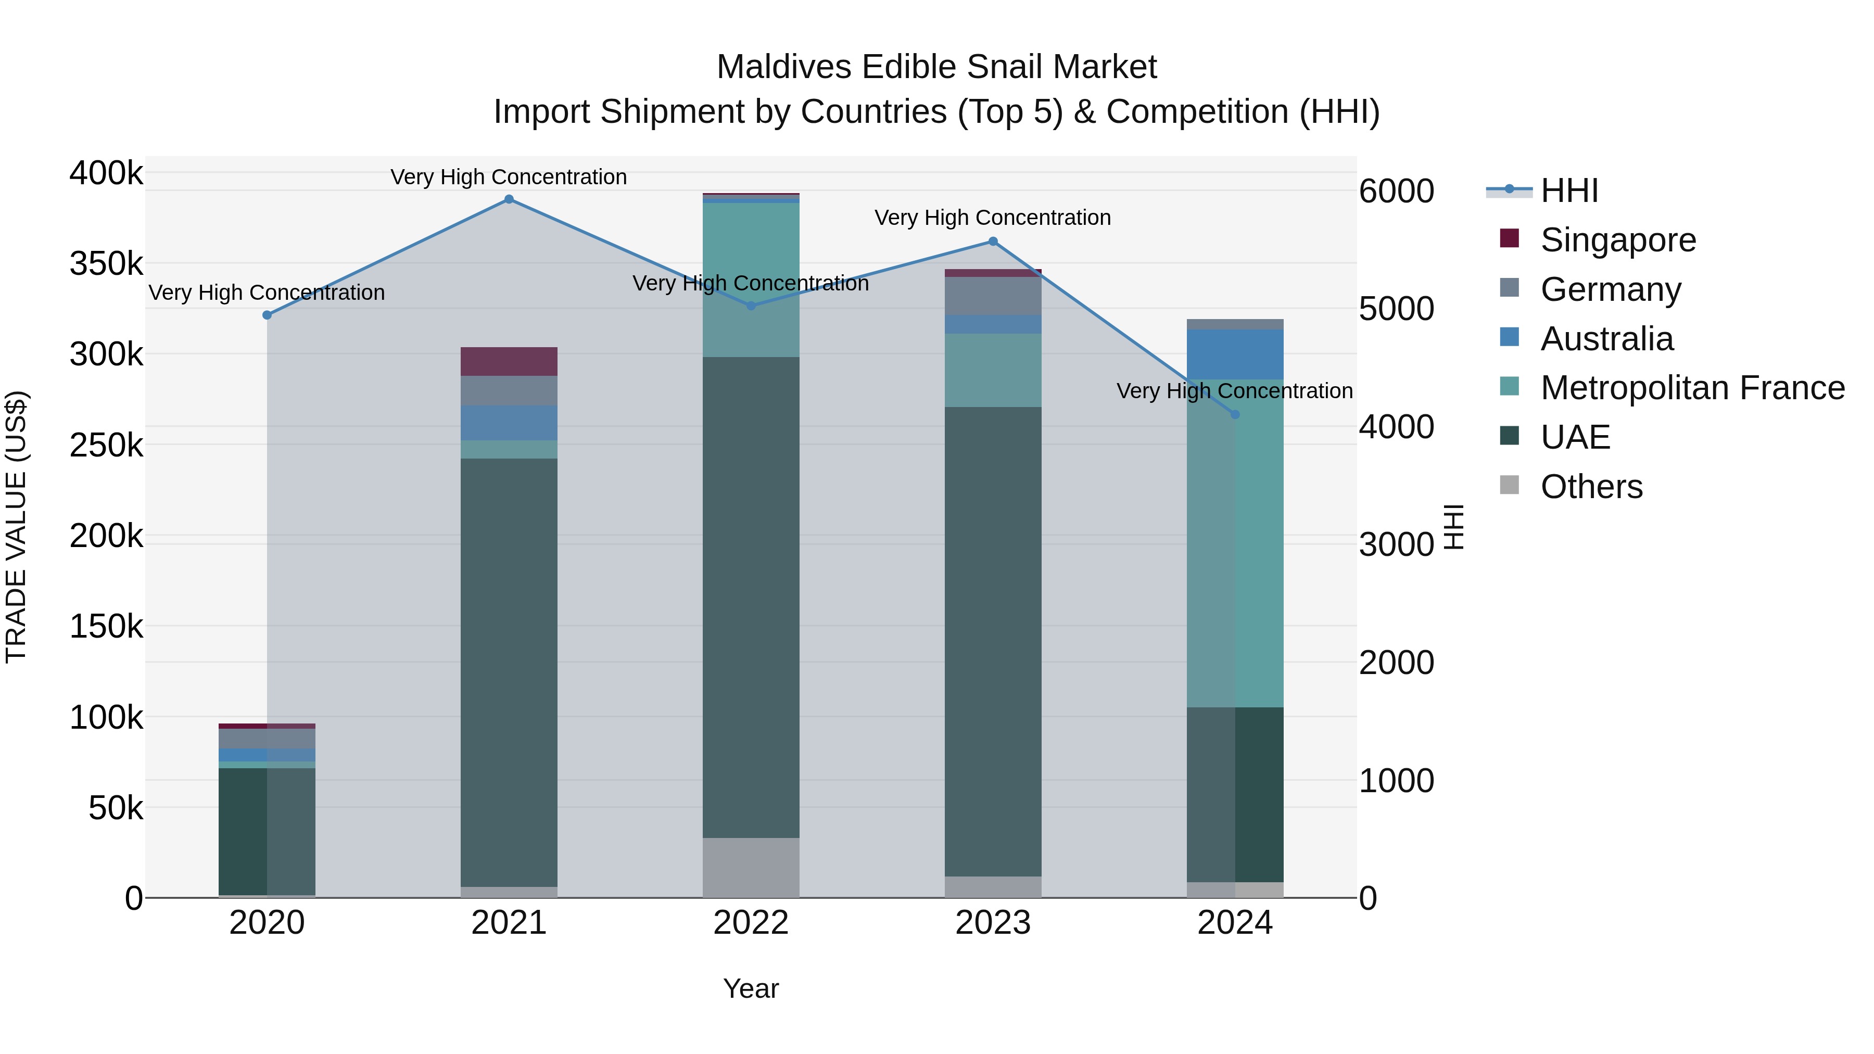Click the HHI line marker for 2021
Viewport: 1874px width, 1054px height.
(x=509, y=199)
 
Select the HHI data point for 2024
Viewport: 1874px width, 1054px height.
(x=1235, y=415)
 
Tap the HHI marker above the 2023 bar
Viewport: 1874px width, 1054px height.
(x=993, y=242)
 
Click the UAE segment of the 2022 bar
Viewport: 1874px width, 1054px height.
(x=751, y=596)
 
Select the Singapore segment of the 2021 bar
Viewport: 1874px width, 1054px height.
(x=509, y=362)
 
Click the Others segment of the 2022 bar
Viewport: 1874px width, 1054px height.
(x=751, y=867)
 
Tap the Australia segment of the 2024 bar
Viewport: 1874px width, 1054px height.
(x=1235, y=354)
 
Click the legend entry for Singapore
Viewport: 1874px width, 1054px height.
(x=1618, y=240)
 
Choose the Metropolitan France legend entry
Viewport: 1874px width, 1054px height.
(x=1692, y=388)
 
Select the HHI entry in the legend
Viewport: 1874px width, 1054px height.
(x=1569, y=191)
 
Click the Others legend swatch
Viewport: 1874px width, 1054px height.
(x=1510, y=485)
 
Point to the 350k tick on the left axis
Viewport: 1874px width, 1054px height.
(x=106, y=263)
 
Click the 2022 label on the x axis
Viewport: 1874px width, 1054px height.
(x=751, y=923)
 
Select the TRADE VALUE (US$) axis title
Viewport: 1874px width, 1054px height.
(x=16, y=527)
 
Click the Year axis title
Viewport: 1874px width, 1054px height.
(x=751, y=988)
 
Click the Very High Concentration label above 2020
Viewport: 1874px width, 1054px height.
(x=266, y=293)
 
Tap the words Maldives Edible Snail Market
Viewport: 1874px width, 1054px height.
(x=936, y=67)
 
